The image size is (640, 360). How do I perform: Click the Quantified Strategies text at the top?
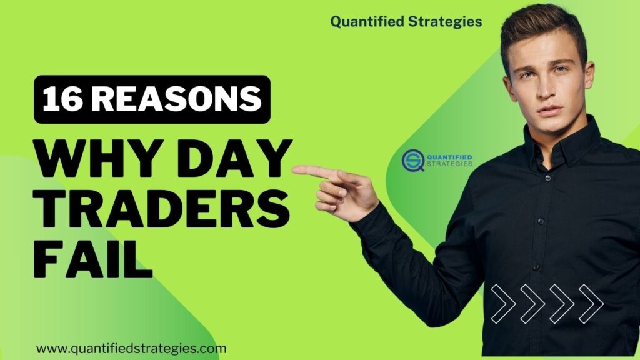pos(406,21)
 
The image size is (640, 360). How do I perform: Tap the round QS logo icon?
pos(413,161)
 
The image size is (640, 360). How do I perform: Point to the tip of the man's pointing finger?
pos(295,168)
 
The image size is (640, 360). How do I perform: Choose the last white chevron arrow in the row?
pos(591,304)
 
